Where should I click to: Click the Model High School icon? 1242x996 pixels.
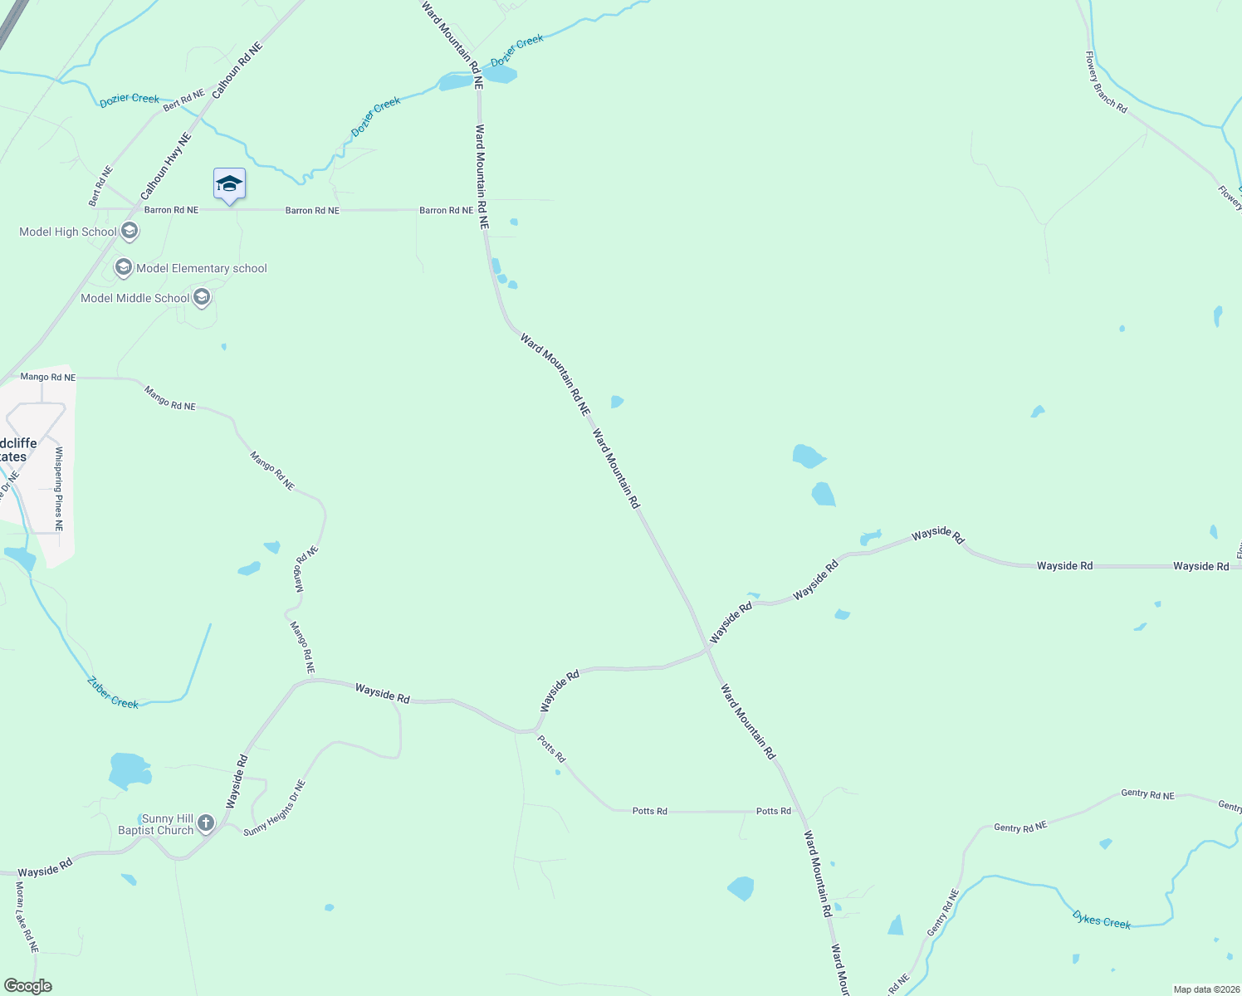[x=129, y=231]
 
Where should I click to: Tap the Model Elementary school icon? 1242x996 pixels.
[x=124, y=267]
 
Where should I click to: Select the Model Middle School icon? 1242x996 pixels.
[x=202, y=297]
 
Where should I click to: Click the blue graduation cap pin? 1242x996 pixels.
[x=229, y=184]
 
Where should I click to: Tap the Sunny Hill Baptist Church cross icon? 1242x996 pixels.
[x=206, y=823]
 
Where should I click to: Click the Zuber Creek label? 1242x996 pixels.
[x=113, y=693]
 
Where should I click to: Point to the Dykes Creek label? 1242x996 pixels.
[x=1101, y=920]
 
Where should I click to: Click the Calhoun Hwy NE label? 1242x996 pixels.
[x=166, y=167]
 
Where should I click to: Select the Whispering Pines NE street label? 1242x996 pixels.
[x=59, y=489]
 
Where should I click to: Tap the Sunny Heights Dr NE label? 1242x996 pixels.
[x=275, y=808]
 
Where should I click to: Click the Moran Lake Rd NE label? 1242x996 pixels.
[x=26, y=916]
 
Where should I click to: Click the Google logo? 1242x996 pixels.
[x=28, y=986]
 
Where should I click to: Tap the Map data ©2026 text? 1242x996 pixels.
[x=1205, y=989]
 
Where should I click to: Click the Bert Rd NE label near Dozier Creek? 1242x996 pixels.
[x=183, y=100]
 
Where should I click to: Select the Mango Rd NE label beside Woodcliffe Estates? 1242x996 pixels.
[x=48, y=377]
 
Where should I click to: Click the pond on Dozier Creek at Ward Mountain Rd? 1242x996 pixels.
[x=498, y=75]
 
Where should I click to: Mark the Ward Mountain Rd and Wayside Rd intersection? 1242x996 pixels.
[x=707, y=649]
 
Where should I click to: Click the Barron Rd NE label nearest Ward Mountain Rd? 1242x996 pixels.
[x=446, y=210]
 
